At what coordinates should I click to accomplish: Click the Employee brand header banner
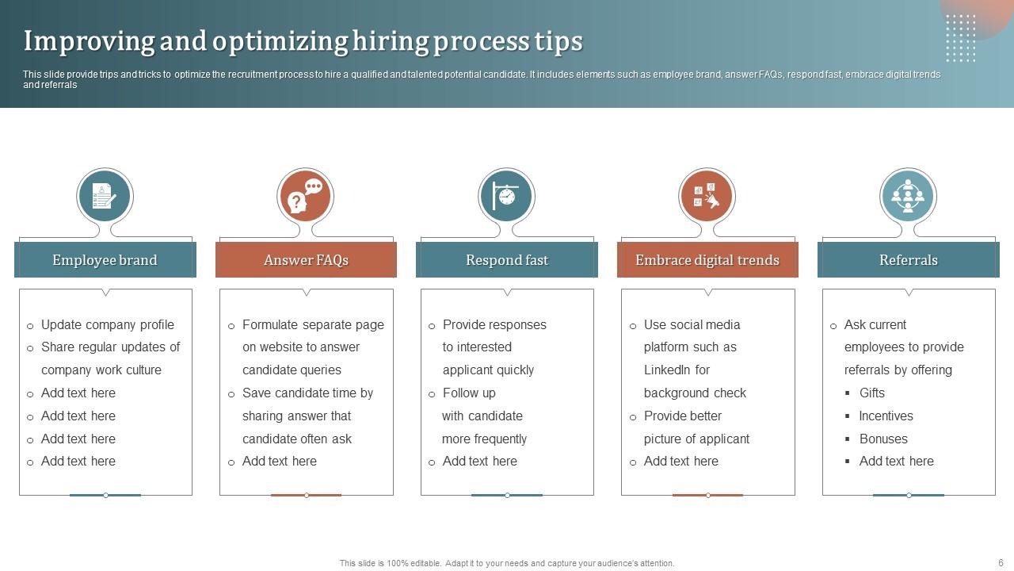[105, 260]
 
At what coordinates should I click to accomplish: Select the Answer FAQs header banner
[306, 260]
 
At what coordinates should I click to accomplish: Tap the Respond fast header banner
[507, 260]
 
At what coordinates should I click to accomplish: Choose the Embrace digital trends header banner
[707, 260]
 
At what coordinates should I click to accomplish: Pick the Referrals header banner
[908, 260]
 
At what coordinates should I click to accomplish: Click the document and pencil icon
[105, 195]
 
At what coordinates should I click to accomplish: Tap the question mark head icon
[305, 195]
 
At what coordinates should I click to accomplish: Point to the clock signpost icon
[506, 195]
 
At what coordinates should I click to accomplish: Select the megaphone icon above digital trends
[707, 195]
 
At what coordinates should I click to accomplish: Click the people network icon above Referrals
[908, 195]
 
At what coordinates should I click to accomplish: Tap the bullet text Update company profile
[107, 324]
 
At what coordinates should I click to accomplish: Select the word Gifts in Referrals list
[871, 393]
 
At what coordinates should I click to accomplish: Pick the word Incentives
[886, 416]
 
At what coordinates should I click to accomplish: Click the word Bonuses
[883, 439]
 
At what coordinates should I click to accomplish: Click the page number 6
[1001, 562]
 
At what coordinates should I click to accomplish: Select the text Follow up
[469, 393]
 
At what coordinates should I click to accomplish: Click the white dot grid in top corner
[960, 38]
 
